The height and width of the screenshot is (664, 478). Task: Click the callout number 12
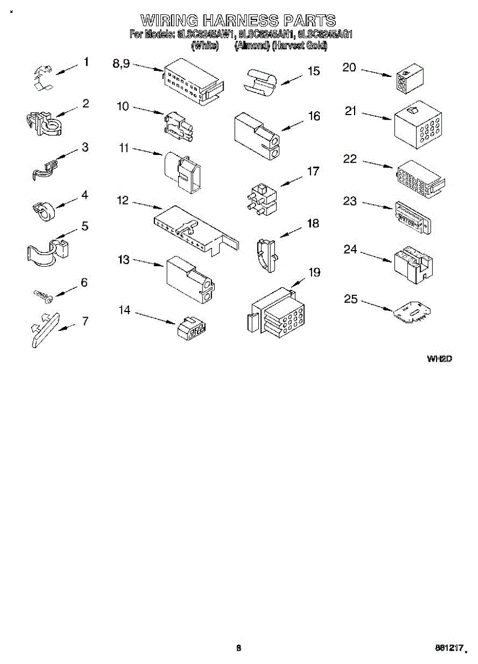122,200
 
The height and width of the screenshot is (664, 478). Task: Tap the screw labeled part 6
43,295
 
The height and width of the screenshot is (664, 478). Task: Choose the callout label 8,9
121,64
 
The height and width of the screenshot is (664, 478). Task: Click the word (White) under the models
205,46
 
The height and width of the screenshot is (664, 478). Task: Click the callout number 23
350,201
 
